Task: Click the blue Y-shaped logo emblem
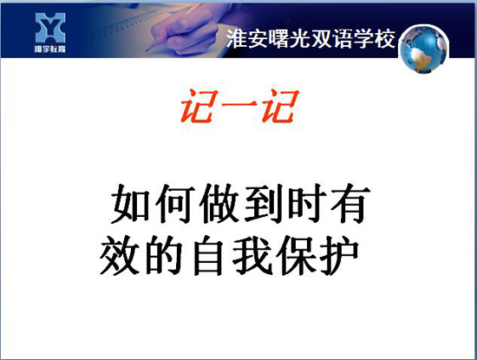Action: point(50,28)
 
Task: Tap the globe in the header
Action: point(423,49)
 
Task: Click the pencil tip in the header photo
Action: point(148,50)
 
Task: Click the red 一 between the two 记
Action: point(239,104)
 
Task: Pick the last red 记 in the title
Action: point(280,106)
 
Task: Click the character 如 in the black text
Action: point(130,203)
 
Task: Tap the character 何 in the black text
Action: point(175,203)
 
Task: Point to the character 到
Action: point(263,203)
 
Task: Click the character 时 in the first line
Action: point(307,203)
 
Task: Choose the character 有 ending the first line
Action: point(350,203)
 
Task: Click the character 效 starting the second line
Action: point(120,255)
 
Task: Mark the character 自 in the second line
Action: point(208,255)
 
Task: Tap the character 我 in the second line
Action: point(252,255)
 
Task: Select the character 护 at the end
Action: point(340,255)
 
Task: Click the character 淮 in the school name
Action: point(237,39)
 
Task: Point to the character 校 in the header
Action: point(385,39)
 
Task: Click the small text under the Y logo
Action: point(50,49)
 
